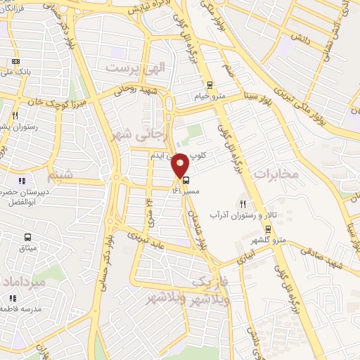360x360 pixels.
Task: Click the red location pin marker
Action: coord(181,165)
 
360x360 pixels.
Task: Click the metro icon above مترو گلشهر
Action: coord(268,228)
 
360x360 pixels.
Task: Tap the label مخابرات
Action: coord(276,173)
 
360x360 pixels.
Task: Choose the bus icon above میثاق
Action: coord(27,237)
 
